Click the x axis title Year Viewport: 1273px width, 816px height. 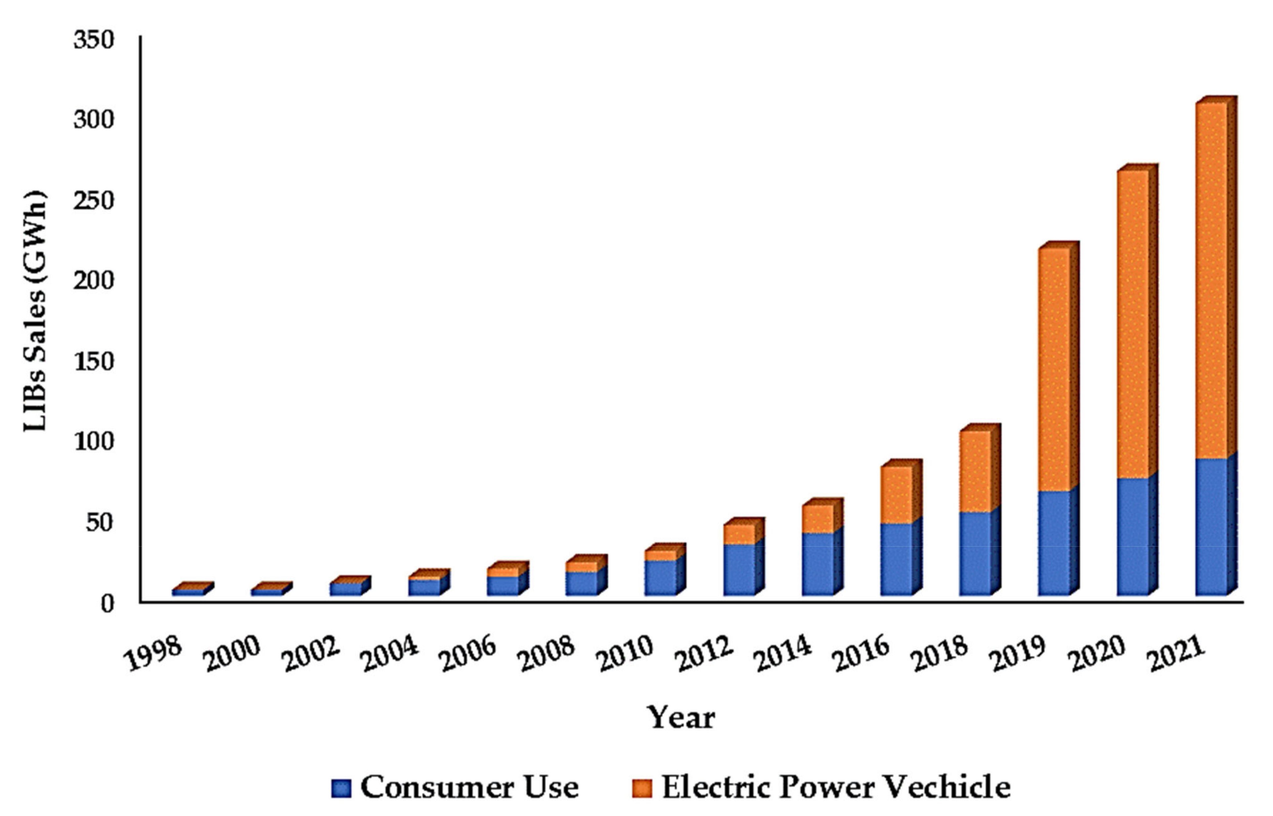click(x=681, y=718)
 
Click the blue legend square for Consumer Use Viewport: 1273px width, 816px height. click(x=341, y=788)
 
